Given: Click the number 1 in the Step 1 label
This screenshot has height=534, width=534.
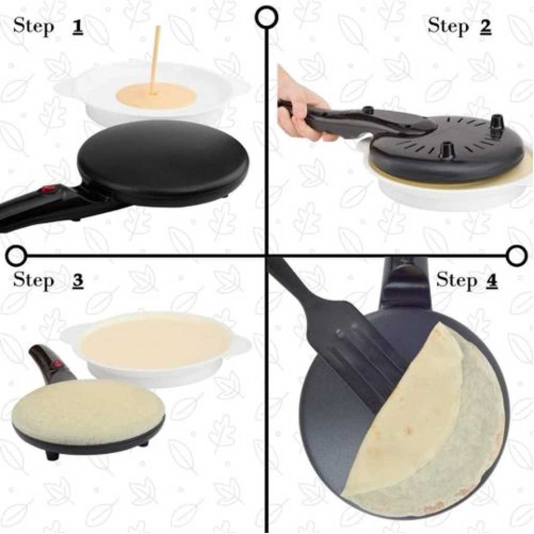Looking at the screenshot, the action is tap(78, 28).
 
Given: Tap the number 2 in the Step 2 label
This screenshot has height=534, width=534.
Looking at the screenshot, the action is tap(486, 27).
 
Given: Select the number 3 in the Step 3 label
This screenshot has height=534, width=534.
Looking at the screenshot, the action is tap(78, 281).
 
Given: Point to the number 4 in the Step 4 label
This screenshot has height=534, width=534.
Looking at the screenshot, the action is tap(491, 281).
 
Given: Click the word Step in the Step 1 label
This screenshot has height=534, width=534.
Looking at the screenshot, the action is tap(34, 27).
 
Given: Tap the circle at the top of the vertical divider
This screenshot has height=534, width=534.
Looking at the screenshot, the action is tap(268, 17).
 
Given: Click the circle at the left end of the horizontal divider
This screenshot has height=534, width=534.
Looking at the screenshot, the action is tap(16, 256).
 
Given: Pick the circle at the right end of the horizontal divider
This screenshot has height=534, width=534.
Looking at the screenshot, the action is tap(517, 256).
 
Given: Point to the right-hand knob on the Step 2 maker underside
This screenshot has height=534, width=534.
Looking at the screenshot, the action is tap(497, 122).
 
